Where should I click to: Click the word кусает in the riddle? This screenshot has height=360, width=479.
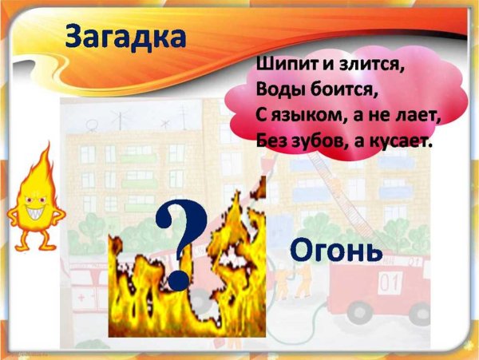click(399, 141)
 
